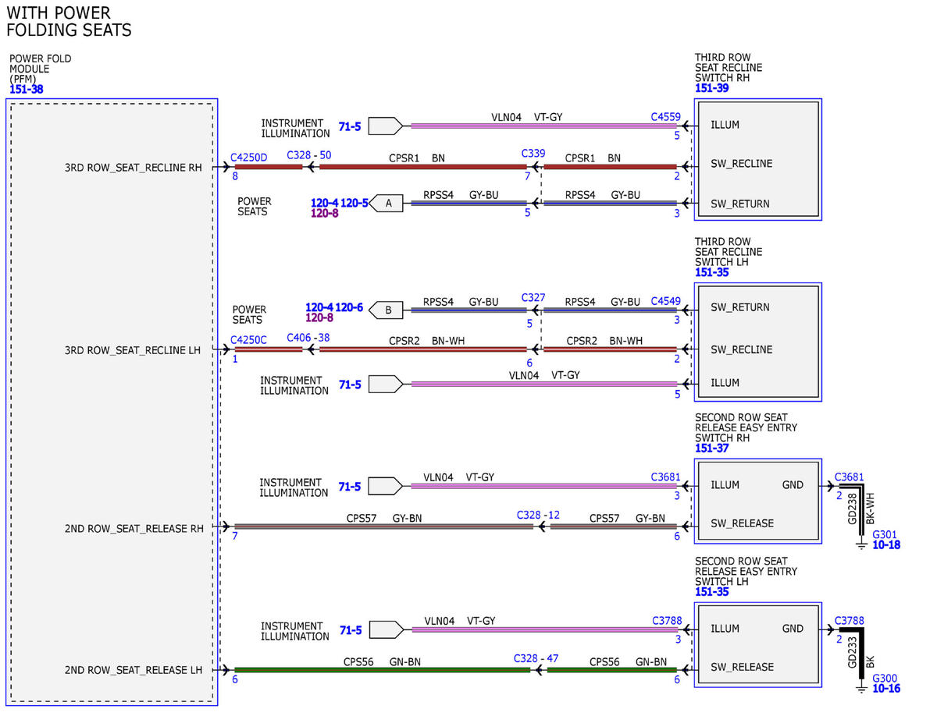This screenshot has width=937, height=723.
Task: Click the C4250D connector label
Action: [x=248, y=158]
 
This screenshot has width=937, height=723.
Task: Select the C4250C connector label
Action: [x=248, y=340]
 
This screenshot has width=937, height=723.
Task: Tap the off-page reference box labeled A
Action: [x=386, y=204]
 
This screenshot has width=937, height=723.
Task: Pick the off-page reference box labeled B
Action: [x=386, y=310]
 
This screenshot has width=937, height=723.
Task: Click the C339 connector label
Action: [x=533, y=154]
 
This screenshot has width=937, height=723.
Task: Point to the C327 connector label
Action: [x=533, y=298]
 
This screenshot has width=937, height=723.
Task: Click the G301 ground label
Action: [x=885, y=534]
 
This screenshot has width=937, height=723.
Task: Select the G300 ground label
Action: [x=885, y=678]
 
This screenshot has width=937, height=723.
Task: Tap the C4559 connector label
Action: [x=665, y=117]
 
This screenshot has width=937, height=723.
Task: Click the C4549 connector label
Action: [x=665, y=301]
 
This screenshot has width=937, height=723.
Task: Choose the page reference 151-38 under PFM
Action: [x=27, y=89]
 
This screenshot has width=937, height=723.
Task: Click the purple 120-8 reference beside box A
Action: [x=324, y=213]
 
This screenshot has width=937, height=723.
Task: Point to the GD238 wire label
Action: [x=852, y=509]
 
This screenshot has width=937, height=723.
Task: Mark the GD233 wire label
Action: [x=852, y=652]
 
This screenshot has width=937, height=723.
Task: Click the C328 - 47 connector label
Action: [x=536, y=658]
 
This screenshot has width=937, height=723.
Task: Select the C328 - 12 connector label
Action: [x=538, y=515]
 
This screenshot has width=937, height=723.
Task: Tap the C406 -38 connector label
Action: [x=308, y=338]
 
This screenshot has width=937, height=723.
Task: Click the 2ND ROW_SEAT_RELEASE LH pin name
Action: [x=134, y=670]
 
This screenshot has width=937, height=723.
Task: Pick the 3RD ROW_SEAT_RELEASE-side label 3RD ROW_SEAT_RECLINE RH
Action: [x=134, y=168]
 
